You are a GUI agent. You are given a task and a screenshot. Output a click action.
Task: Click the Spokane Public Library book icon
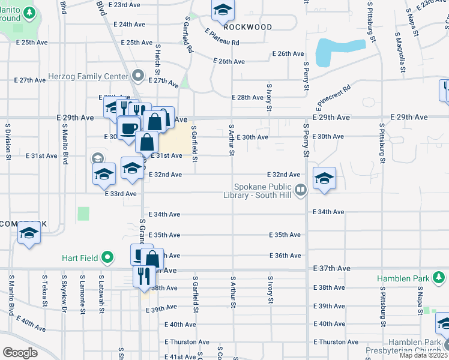301,190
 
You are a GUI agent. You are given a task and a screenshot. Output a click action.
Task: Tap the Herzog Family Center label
96,76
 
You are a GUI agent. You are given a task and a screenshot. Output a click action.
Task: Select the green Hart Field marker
107,258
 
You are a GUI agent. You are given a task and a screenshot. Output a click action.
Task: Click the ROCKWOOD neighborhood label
247,27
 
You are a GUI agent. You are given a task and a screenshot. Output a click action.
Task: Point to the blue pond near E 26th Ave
340,52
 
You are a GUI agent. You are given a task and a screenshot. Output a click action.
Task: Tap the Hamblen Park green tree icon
440,278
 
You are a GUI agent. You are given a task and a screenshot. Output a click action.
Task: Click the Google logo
20,353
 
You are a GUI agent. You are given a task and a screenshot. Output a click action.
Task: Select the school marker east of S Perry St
324,179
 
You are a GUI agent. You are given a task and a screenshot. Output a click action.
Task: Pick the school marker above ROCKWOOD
223,10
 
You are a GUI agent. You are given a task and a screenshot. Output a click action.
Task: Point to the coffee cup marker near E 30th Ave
128,128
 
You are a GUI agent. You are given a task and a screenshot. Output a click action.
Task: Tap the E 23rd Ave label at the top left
127,4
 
